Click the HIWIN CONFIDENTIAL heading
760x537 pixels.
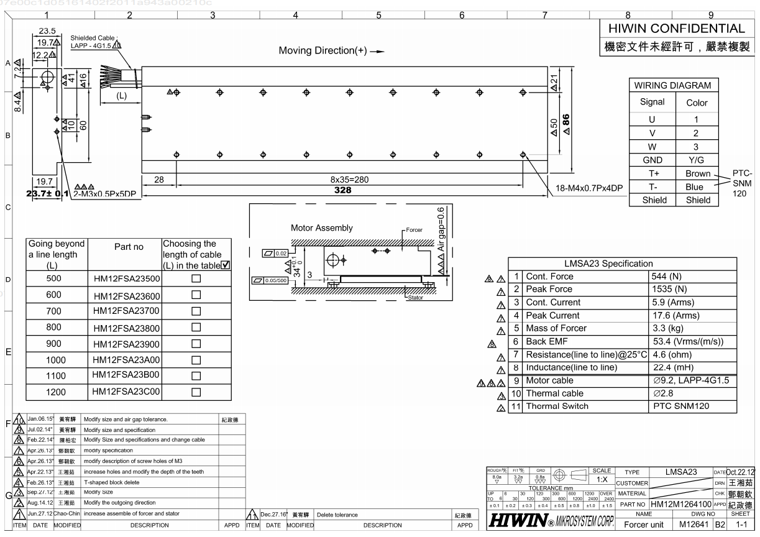click(676, 29)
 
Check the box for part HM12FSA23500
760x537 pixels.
click(196, 279)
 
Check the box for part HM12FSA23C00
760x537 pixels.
click(196, 392)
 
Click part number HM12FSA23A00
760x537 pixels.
click(126, 360)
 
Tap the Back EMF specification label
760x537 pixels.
click(547, 341)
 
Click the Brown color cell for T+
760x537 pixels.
click(697, 174)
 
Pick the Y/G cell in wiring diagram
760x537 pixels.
click(697, 160)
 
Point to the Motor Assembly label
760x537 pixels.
click(321, 228)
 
